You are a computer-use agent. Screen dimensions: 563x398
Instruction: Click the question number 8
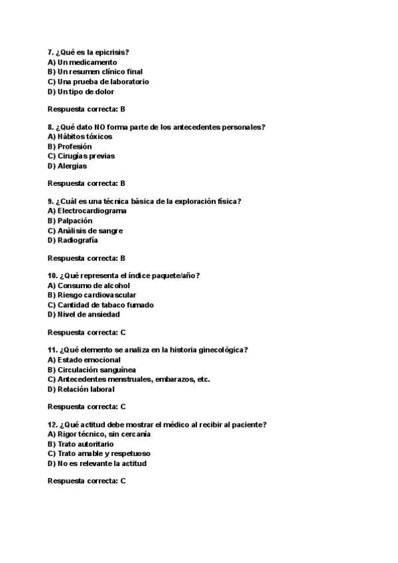coord(50,126)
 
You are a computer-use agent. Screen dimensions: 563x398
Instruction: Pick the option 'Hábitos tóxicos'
coord(85,136)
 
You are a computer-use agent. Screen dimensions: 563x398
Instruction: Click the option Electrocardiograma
coord(92,210)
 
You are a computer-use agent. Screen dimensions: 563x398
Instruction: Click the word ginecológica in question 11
coord(220,349)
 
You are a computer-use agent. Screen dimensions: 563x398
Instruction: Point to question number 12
coord(52,424)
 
